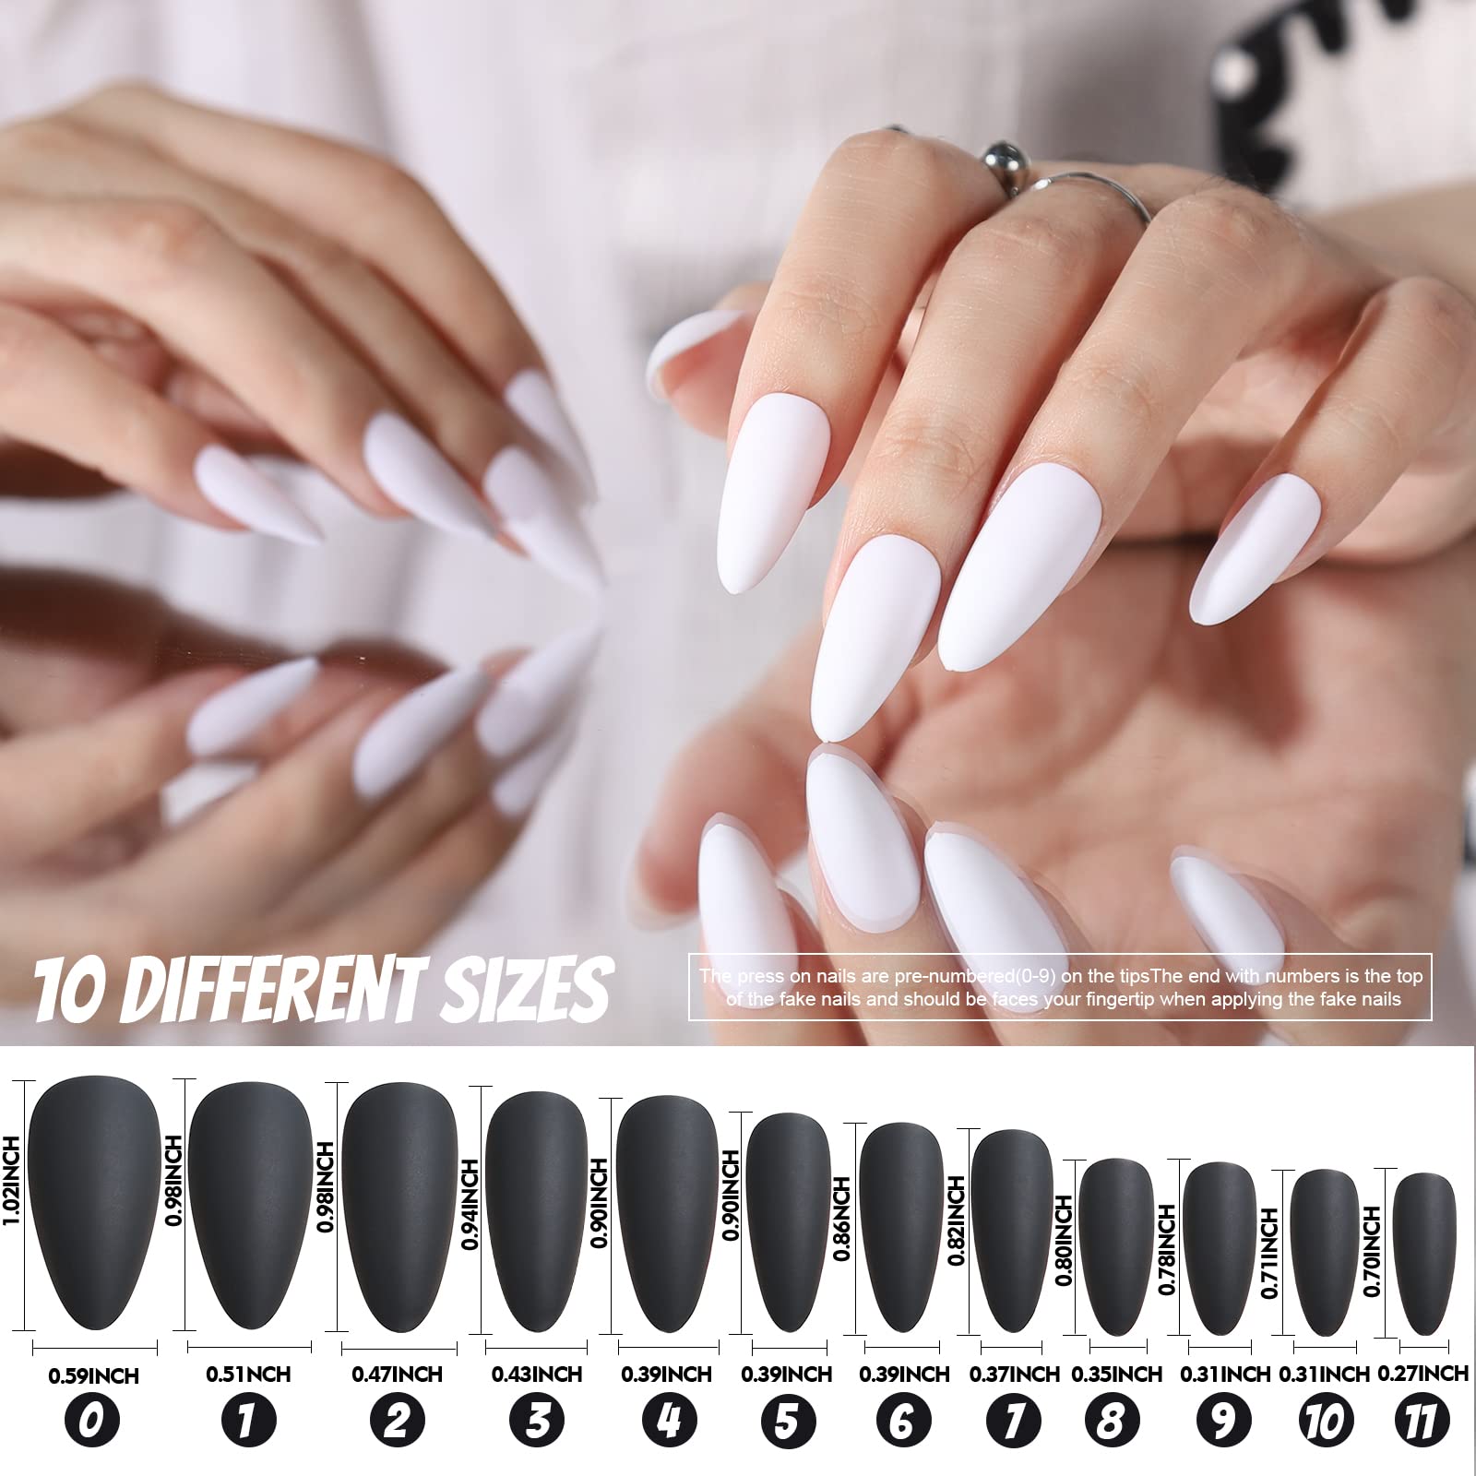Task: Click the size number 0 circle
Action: (92, 1422)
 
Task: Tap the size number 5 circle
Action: (786, 1422)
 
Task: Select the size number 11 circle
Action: (1422, 1422)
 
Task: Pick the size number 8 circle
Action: (1110, 1422)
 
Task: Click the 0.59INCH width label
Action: (92, 1375)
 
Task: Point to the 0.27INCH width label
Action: (1422, 1374)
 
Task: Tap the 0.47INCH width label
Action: (397, 1375)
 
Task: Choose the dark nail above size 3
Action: (537, 1208)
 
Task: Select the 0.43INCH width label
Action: (537, 1375)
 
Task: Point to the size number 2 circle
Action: (397, 1422)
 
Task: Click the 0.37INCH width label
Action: (1015, 1375)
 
